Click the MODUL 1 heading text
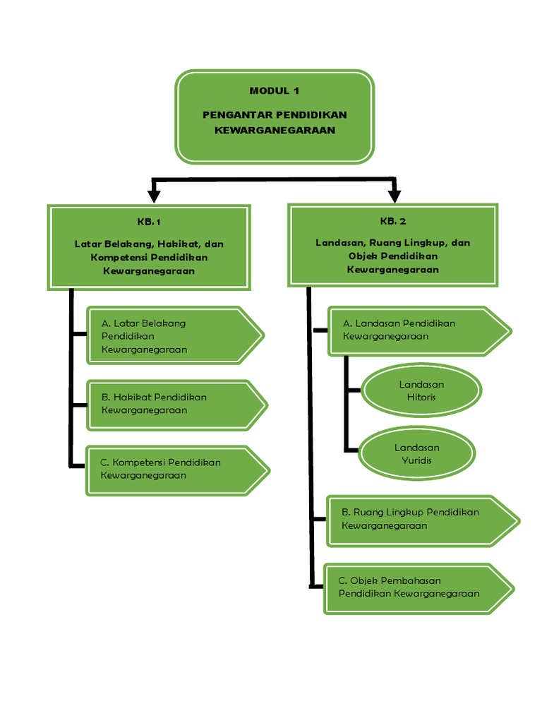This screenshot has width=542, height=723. click(x=274, y=90)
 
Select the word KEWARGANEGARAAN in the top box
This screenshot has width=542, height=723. click(x=275, y=130)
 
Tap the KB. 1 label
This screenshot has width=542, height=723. click(x=149, y=222)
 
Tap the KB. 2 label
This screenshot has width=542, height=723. click(x=392, y=221)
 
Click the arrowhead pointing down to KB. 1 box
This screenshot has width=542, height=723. click(x=152, y=193)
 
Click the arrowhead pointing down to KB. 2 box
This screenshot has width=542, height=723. click(x=394, y=193)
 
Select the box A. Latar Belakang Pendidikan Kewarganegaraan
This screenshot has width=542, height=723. click(x=173, y=335)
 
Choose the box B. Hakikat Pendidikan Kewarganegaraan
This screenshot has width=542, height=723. click(x=175, y=404)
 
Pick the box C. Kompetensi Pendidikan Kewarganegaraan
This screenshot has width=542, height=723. click(x=176, y=469)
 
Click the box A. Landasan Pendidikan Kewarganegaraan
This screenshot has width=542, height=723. click(x=418, y=330)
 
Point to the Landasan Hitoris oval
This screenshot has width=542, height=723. click(x=421, y=390)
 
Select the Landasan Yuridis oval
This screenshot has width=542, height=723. click(x=416, y=454)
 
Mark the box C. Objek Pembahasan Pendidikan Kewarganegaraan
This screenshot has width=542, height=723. click(x=418, y=587)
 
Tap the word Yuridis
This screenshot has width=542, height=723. click(x=416, y=460)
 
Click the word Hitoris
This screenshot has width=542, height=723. click(x=421, y=397)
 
